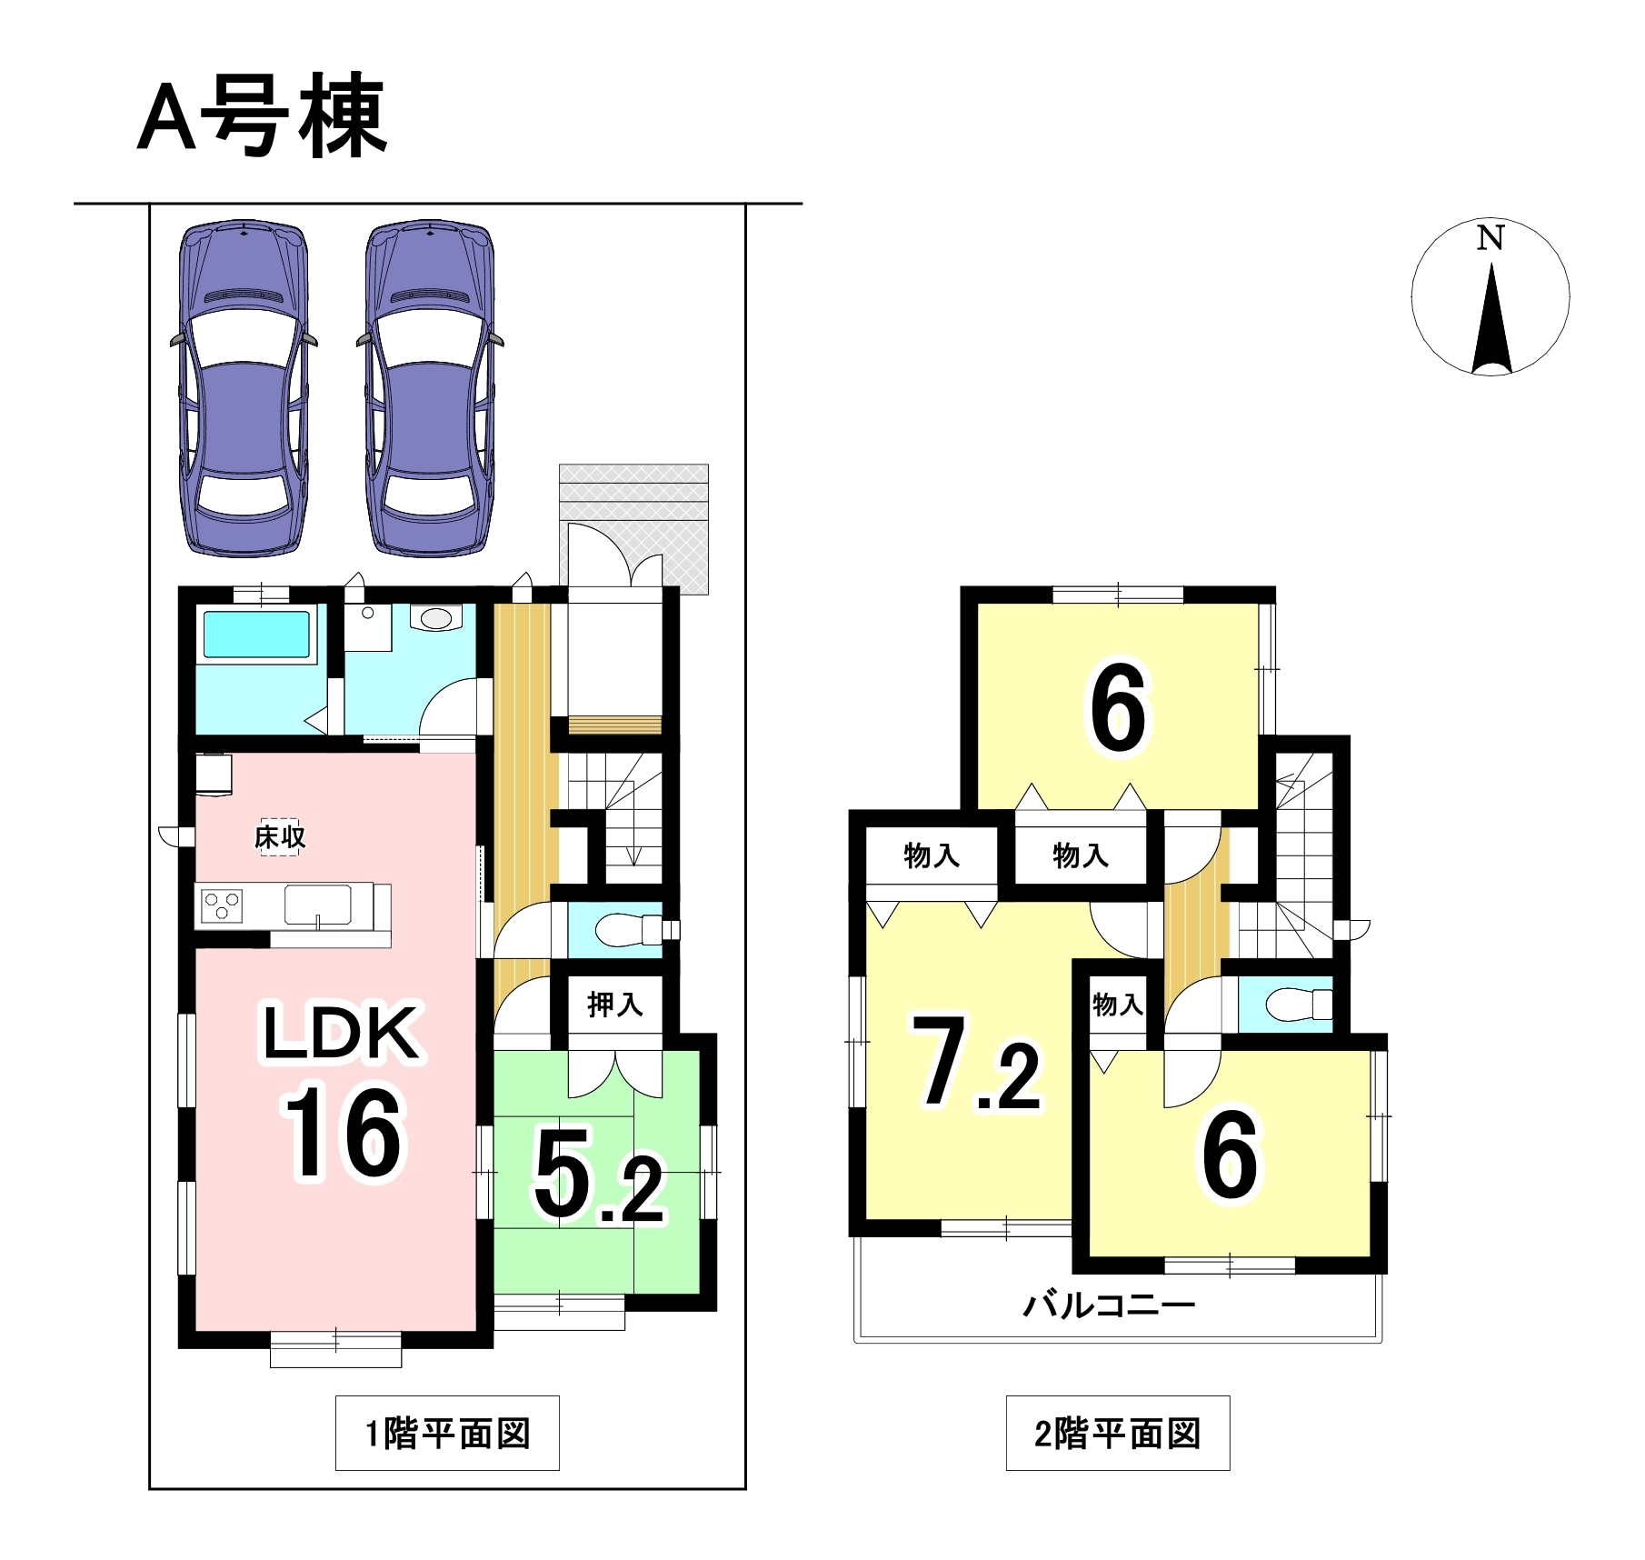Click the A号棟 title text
click(x=263, y=115)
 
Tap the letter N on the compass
click(x=1490, y=238)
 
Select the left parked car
click(x=244, y=388)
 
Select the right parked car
click(x=430, y=388)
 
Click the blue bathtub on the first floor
click(x=256, y=634)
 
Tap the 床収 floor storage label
click(x=280, y=836)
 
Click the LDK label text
click(x=341, y=1033)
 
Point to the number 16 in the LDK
click(x=344, y=1133)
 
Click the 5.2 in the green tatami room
click(x=599, y=1175)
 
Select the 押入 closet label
click(x=615, y=1005)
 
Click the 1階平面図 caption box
click(x=447, y=1434)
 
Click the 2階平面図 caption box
click(x=1118, y=1434)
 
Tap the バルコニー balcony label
click(x=1109, y=1305)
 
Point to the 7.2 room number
click(x=976, y=1063)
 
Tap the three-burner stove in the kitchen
click(x=222, y=906)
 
